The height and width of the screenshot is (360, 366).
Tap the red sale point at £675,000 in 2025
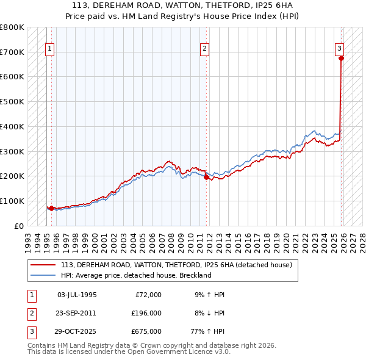(341, 59)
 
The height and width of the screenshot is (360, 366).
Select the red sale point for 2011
(206, 177)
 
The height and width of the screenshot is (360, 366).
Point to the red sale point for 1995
(51, 208)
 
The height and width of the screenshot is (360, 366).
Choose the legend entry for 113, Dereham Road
(176, 265)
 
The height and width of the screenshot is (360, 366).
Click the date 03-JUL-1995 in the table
(76, 295)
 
